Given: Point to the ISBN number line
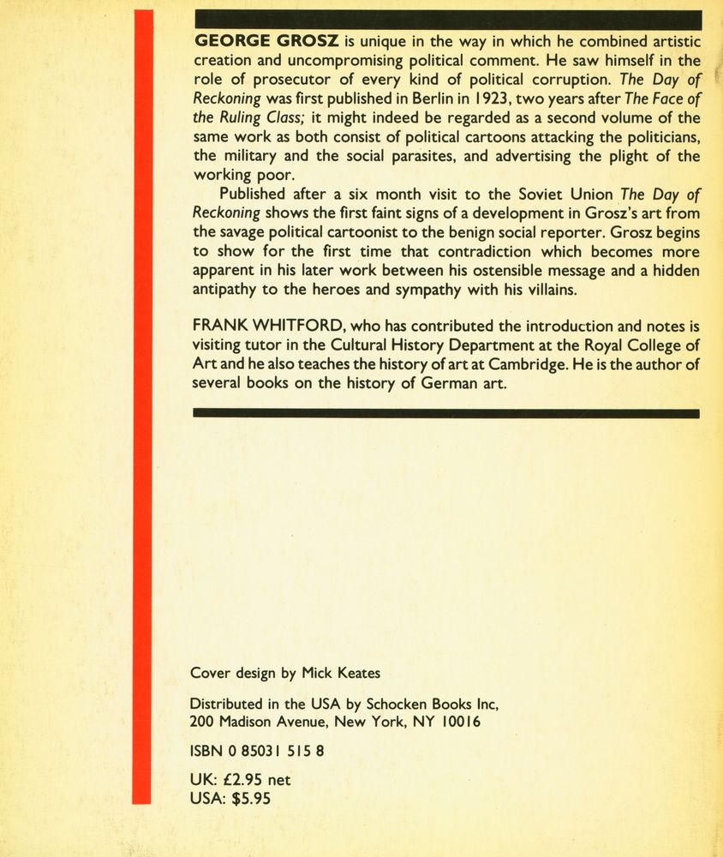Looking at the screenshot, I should pyautogui.click(x=256, y=752).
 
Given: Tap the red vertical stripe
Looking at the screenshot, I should pyautogui.click(x=142, y=407).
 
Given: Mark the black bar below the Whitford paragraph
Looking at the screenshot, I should pyautogui.click(x=446, y=413).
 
